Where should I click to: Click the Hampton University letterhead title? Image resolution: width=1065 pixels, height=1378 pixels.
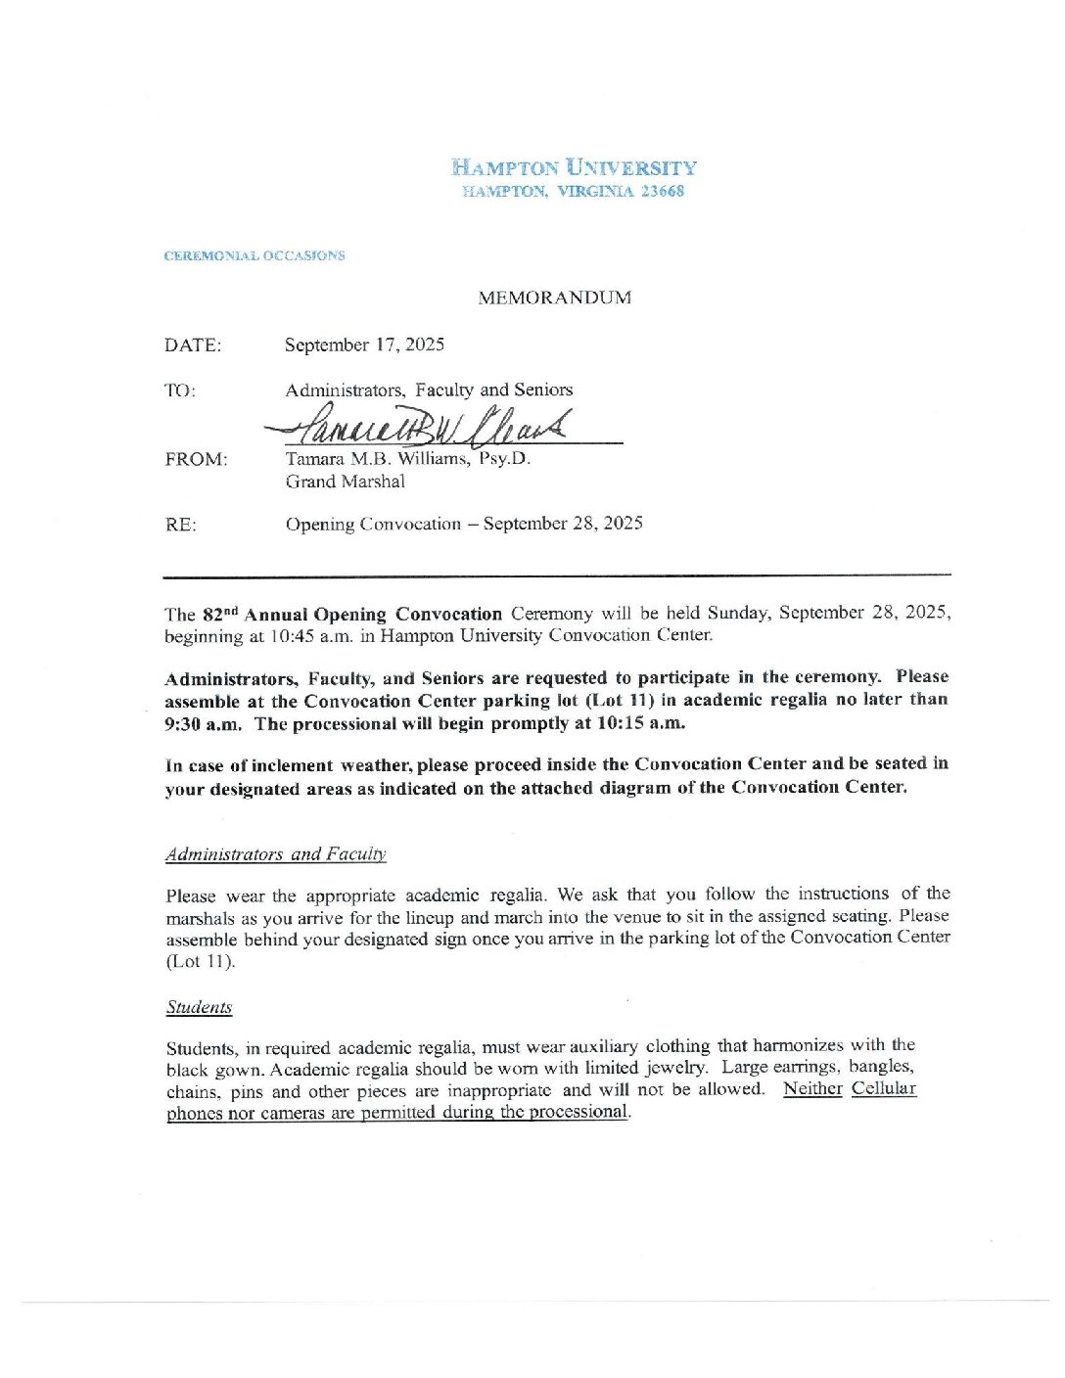pyautogui.click(x=574, y=167)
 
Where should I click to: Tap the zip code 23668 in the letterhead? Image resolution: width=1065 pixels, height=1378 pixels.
pyautogui.click(x=663, y=192)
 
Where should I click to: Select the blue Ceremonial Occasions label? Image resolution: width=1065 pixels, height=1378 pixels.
pyautogui.click(x=255, y=256)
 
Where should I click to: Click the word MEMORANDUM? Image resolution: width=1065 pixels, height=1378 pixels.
pyautogui.click(x=554, y=299)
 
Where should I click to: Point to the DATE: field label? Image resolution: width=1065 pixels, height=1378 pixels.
pyautogui.click(x=193, y=345)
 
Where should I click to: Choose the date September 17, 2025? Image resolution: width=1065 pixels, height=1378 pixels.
pyautogui.click(x=364, y=344)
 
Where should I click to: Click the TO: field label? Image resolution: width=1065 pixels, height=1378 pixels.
pyautogui.click(x=180, y=390)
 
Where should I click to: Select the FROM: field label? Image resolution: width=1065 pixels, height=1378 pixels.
pyautogui.click(x=196, y=459)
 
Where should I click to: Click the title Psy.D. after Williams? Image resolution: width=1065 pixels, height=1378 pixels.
pyautogui.click(x=504, y=458)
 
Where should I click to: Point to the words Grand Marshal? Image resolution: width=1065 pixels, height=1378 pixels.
pyautogui.click(x=345, y=482)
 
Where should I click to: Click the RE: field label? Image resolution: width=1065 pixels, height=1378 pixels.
pyautogui.click(x=180, y=525)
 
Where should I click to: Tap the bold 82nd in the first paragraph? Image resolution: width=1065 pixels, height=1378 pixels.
pyautogui.click(x=220, y=615)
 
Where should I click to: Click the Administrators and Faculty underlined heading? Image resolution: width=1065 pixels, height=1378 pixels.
pyautogui.click(x=276, y=854)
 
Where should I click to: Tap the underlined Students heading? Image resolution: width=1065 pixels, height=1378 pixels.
pyautogui.click(x=199, y=1008)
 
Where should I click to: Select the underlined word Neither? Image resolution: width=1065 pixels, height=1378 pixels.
pyautogui.click(x=812, y=1088)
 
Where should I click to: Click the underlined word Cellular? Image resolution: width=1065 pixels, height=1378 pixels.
pyautogui.click(x=883, y=1088)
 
